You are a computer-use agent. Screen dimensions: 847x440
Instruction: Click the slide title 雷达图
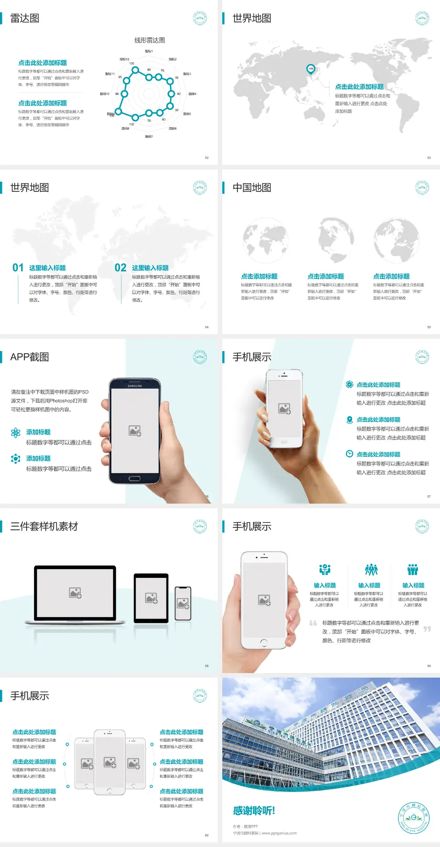(25, 18)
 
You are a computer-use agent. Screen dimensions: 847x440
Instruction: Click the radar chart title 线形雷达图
(149, 40)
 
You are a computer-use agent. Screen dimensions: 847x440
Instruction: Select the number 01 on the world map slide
(18, 268)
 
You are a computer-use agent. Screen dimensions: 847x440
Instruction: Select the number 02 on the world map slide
(121, 268)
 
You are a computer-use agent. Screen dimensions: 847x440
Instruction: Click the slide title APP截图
(30, 357)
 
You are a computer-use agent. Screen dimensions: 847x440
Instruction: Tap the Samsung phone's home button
(134, 478)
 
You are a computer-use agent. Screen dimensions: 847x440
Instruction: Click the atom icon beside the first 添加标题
(16, 433)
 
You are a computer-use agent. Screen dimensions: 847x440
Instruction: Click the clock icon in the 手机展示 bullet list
(349, 454)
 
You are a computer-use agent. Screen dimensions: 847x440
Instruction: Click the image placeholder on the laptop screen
(75, 593)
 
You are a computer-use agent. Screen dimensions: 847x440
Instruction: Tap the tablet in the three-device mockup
(151, 597)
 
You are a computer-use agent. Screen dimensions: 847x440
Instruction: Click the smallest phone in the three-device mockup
(183, 603)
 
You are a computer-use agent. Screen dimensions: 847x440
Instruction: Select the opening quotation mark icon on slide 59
(313, 623)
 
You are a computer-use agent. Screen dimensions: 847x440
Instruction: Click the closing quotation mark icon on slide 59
(427, 629)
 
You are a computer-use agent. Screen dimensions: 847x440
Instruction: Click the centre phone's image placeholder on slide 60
(110, 762)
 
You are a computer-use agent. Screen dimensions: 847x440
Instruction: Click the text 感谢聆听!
(254, 811)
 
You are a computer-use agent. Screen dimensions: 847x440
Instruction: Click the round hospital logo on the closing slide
(414, 818)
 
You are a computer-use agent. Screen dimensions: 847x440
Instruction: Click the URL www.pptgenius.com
(279, 833)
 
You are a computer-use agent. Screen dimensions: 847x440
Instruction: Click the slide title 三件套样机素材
(44, 527)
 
